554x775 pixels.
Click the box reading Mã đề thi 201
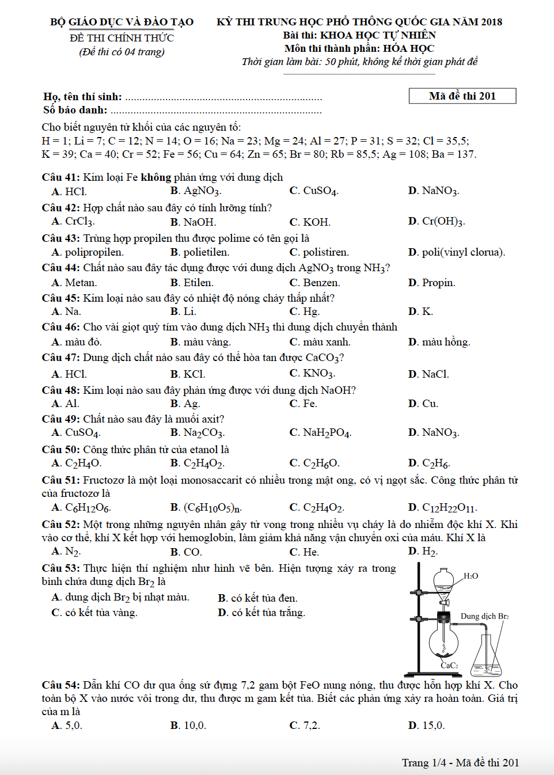(x=462, y=96)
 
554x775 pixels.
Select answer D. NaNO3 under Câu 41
(x=434, y=191)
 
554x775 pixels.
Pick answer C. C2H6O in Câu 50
(x=314, y=463)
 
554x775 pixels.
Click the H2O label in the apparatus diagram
(x=470, y=576)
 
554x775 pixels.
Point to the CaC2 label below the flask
(x=449, y=666)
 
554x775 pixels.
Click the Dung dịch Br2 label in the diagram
(x=484, y=616)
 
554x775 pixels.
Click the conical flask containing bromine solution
(x=486, y=659)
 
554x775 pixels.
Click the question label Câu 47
(x=60, y=358)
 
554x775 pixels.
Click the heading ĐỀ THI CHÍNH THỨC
(x=122, y=38)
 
